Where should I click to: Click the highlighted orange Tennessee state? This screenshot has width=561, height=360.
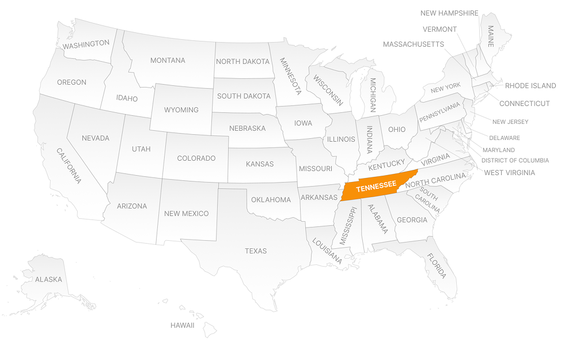[x=376, y=187]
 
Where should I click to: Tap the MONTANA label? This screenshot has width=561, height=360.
[x=168, y=60]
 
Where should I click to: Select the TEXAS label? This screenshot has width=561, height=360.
[x=256, y=251]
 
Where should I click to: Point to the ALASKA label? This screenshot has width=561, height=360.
[x=48, y=279]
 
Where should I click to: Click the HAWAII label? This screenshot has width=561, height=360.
[x=182, y=325]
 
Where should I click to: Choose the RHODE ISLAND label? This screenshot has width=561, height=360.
[x=530, y=86]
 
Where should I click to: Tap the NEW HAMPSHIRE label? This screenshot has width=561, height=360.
[x=449, y=13]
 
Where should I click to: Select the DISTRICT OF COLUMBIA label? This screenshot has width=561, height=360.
[x=515, y=161]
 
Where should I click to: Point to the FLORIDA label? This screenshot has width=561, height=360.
[x=437, y=266]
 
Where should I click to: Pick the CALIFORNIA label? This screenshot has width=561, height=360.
[x=68, y=166]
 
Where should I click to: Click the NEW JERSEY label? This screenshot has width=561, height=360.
[x=510, y=122]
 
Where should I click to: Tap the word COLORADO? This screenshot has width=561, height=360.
[x=196, y=158]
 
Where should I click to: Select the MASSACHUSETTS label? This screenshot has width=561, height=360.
[x=413, y=44]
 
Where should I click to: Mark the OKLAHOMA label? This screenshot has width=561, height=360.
[x=271, y=200]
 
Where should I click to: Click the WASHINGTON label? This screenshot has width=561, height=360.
[x=86, y=44]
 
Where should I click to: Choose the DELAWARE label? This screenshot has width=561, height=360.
[x=504, y=138]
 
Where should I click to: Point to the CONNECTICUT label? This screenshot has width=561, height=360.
[x=524, y=104]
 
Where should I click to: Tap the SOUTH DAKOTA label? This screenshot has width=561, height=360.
[x=244, y=96]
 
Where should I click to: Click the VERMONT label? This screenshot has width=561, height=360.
[x=439, y=29]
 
